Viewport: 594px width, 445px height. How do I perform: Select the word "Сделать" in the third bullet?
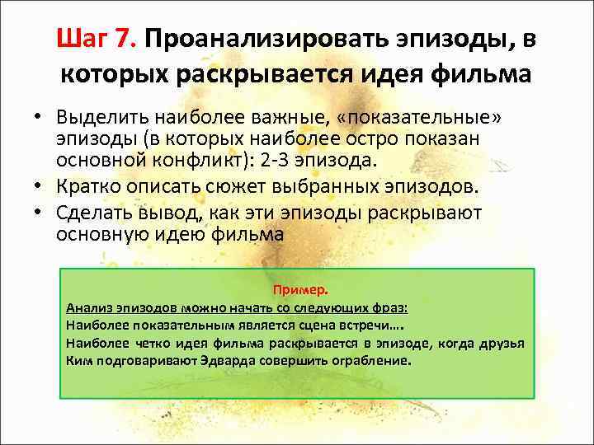pos(92,213)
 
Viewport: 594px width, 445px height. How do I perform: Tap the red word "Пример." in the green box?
pos(300,290)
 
